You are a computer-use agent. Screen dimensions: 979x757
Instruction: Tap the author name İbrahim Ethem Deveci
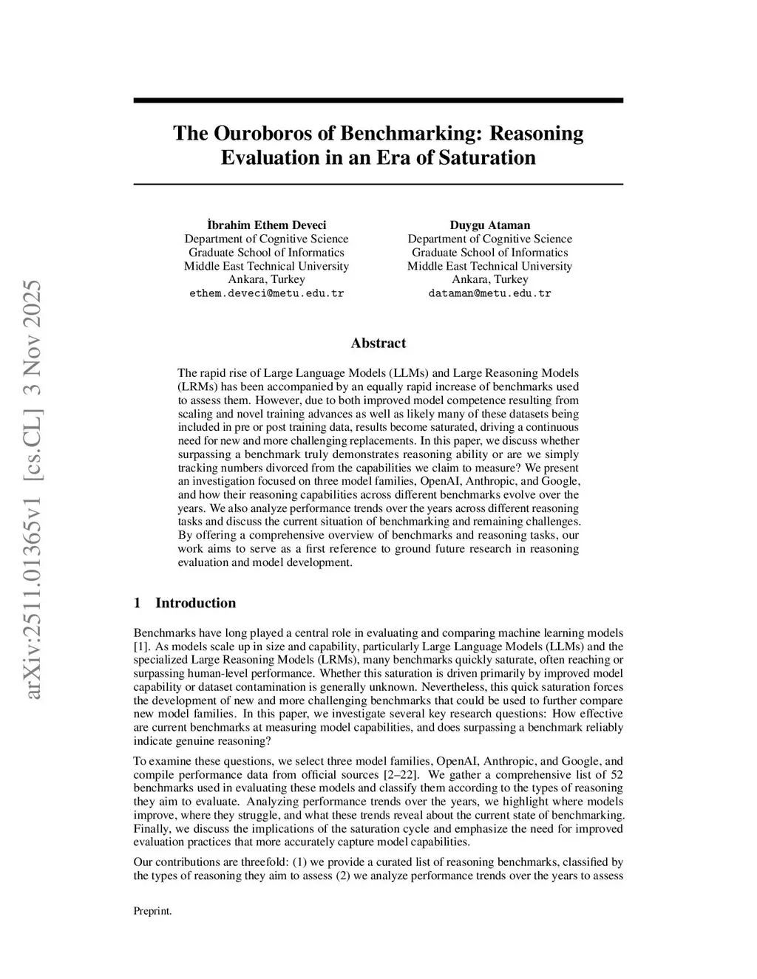click(x=266, y=225)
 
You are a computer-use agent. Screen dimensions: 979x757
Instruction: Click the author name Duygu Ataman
click(x=489, y=225)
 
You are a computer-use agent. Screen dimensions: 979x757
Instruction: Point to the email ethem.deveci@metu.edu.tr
click(x=266, y=293)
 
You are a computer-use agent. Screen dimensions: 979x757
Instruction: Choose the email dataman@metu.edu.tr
click(x=489, y=293)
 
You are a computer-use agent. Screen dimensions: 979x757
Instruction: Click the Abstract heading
click(x=378, y=343)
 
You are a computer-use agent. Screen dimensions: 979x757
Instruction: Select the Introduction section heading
click(x=195, y=603)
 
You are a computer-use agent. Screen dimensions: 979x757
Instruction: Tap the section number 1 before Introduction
click(x=137, y=603)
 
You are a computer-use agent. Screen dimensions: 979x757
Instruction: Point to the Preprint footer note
click(x=152, y=911)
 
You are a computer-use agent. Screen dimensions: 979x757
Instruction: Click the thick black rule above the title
click(x=378, y=100)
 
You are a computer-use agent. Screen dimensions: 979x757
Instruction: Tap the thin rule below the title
click(x=378, y=183)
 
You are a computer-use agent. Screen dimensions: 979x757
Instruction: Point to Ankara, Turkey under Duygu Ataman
click(x=489, y=279)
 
